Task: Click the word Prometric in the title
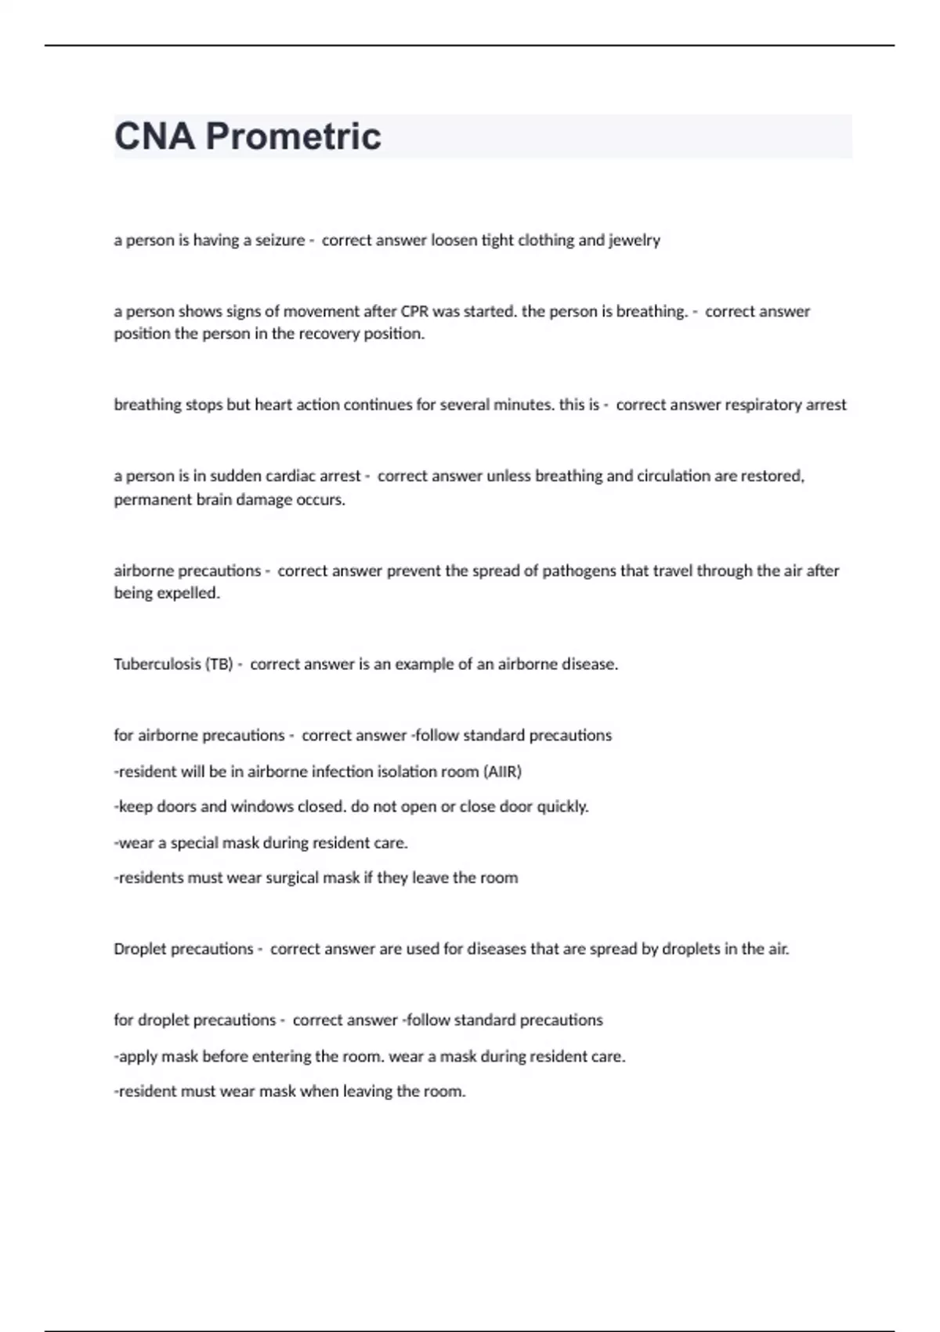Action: (x=293, y=136)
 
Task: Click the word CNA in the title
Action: (x=154, y=136)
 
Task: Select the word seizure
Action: (x=280, y=241)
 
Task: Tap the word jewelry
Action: (x=634, y=241)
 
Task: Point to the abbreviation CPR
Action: (x=414, y=312)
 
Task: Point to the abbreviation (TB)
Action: (x=219, y=664)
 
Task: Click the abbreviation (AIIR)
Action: (x=502, y=772)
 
